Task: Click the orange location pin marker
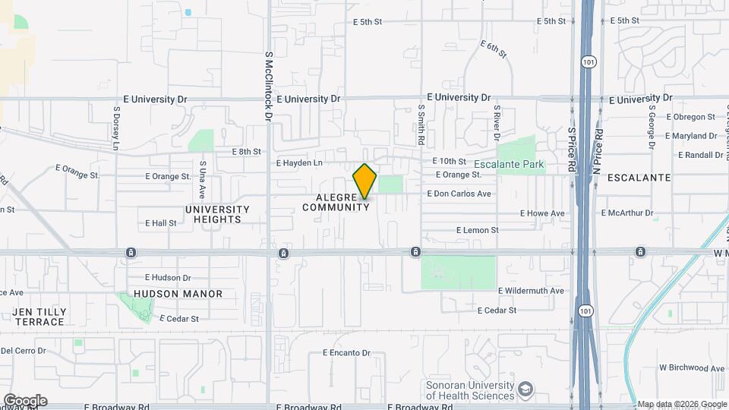pos(364,181)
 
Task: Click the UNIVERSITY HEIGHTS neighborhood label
pos(217,214)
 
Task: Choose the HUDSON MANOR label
pos(178,294)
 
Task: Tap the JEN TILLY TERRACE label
pos(38,317)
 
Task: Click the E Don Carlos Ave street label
pos(459,194)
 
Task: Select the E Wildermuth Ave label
pos(531,291)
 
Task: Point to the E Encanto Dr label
pos(346,353)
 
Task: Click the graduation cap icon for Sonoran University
pos(525,390)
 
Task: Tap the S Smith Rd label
pos(420,125)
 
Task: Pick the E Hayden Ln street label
pos(299,163)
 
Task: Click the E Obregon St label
pos(690,117)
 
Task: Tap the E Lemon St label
pos(477,230)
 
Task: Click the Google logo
pos(25,400)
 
